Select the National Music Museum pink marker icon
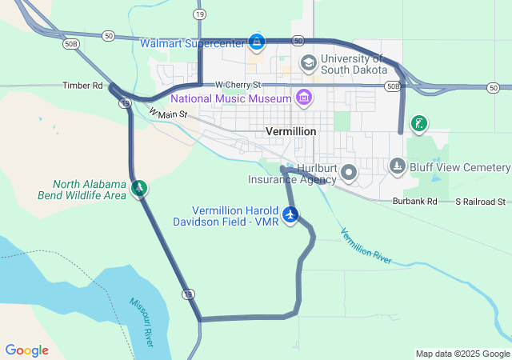(x=303, y=98)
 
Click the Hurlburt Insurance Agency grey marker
(x=349, y=172)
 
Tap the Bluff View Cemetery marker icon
(x=398, y=166)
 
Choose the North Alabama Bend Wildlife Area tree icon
(x=140, y=188)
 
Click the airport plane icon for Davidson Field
(x=290, y=214)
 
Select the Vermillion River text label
(x=366, y=246)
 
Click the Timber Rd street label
(x=84, y=86)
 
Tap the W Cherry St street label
(x=238, y=85)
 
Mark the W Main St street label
(x=168, y=114)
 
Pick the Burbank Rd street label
(x=414, y=202)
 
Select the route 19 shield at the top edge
(x=198, y=14)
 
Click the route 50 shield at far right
(x=493, y=86)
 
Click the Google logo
(x=26, y=350)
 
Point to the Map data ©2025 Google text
(x=462, y=354)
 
